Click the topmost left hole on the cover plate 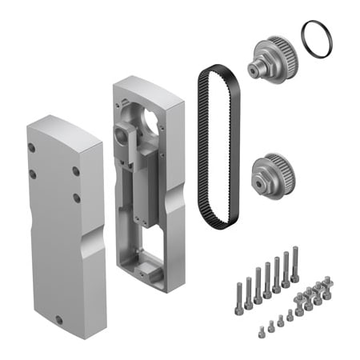click(x=32, y=147)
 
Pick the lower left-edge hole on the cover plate click(x=33, y=173)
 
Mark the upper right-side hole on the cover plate click(x=75, y=170)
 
